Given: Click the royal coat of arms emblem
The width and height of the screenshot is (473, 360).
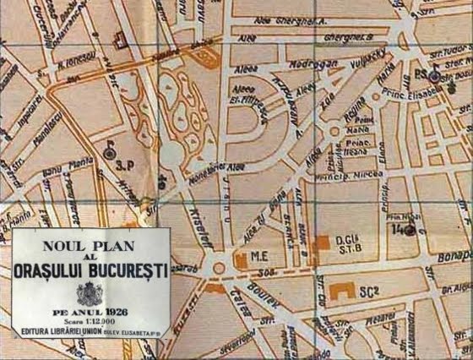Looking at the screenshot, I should pyautogui.click(x=89, y=293).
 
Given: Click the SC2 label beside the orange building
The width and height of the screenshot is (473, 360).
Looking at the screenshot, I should pyautogui.click(x=368, y=292).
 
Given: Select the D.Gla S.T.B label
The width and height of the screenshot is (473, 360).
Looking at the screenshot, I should pyautogui.click(x=348, y=243).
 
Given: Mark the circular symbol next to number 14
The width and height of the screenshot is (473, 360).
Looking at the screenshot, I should pyautogui.click(x=409, y=229).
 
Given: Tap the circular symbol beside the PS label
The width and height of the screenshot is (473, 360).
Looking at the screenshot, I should pyautogui.click(x=433, y=75).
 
